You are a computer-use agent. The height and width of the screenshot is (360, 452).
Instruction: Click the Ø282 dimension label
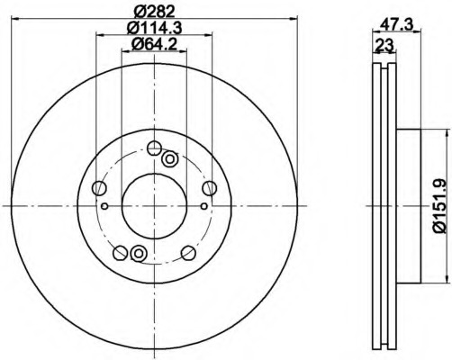154,12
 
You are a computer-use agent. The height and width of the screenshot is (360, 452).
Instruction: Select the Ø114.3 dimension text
154,29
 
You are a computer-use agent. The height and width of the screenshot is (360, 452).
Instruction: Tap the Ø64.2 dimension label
154,45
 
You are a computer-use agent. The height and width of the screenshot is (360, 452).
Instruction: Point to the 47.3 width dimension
396,23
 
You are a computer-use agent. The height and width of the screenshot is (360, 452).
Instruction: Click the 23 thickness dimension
384,46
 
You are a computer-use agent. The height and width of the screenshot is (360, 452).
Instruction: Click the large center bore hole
154,206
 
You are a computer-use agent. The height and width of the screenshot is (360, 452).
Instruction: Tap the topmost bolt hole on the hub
155,148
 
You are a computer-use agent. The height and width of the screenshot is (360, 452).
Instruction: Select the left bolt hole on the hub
99,188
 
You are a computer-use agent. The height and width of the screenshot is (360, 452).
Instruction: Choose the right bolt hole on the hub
210,188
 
